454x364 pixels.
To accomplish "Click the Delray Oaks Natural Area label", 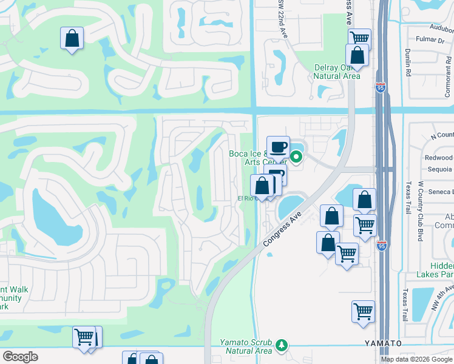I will (x=337, y=72).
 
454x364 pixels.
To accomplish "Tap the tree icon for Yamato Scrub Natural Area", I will (x=281, y=345).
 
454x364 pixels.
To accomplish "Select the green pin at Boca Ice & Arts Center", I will (x=296, y=158).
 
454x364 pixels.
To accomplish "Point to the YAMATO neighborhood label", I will (x=383, y=343).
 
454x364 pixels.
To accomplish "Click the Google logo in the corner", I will (x=20, y=357).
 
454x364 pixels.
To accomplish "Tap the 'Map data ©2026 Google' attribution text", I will (x=416, y=359).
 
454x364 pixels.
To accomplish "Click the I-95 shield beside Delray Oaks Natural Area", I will (x=381, y=88).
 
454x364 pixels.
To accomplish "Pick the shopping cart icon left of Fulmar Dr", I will (x=359, y=39).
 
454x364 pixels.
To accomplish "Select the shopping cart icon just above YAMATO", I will (x=362, y=312).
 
